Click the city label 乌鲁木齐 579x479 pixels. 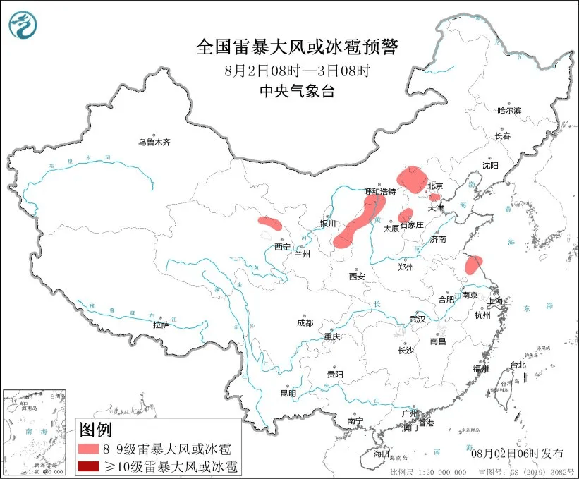click(154, 143)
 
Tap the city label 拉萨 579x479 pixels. click(161, 325)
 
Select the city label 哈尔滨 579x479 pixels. click(509, 111)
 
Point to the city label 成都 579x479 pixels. click(305, 322)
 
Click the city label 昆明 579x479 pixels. click(289, 393)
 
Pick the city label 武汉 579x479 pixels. click(418, 320)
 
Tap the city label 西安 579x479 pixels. click(356, 277)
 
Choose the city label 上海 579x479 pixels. click(496, 301)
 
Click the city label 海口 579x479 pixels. click(382, 452)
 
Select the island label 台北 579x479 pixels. click(518, 365)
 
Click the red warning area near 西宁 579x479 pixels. click(270, 224)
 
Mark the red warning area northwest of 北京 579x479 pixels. click(411, 178)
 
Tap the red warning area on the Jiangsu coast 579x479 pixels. click(473, 265)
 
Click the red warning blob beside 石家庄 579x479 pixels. click(406, 215)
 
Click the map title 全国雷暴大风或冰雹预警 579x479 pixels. click(296, 47)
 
